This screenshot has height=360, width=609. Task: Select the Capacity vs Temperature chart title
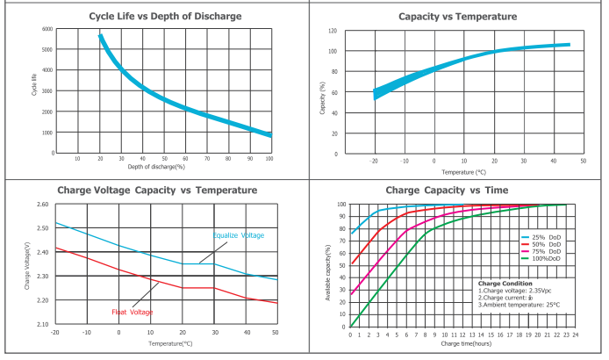pos(455,16)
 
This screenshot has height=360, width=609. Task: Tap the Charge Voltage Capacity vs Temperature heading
pos(157,190)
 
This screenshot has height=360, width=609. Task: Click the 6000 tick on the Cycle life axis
pos(47,29)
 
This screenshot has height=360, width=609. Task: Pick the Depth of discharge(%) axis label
pos(156,166)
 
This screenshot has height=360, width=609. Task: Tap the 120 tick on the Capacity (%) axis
pos(333,31)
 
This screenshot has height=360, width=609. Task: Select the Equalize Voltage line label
pos(239,235)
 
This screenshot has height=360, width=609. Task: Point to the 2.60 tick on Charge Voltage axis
pos(43,205)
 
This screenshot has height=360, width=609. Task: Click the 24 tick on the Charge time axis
pos(576,335)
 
